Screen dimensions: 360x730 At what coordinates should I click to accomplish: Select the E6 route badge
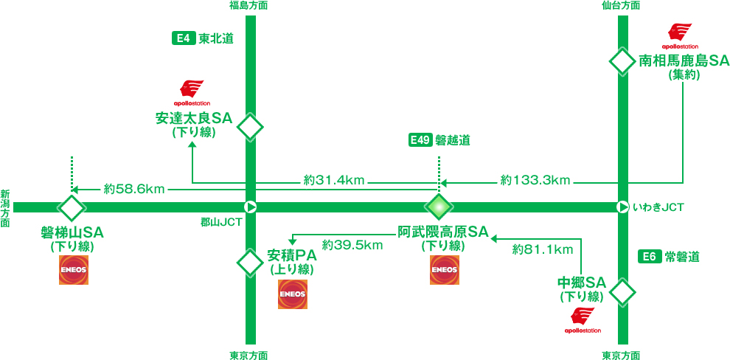(648, 257)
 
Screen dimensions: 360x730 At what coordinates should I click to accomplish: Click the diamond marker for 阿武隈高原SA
(439, 207)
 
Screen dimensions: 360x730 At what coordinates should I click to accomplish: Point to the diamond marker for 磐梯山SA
(72, 207)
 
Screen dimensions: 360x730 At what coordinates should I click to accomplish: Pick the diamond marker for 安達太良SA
(250, 127)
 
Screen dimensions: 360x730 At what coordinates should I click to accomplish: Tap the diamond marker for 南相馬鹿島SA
(622, 61)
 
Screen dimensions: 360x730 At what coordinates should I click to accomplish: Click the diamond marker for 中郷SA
(622, 291)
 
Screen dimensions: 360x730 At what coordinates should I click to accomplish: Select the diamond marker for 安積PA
(250, 261)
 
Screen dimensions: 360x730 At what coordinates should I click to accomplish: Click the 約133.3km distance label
(535, 179)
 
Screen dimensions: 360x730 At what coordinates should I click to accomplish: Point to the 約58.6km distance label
(133, 189)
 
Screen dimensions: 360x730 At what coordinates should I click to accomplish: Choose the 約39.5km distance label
(352, 244)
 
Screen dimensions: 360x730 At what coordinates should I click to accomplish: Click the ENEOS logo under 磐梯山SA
(74, 271)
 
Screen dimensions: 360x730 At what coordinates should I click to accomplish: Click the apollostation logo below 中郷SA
(583, 320)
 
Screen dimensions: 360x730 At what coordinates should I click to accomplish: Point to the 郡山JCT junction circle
(250, 207)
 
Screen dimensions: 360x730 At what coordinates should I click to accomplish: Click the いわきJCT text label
(658, 208)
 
